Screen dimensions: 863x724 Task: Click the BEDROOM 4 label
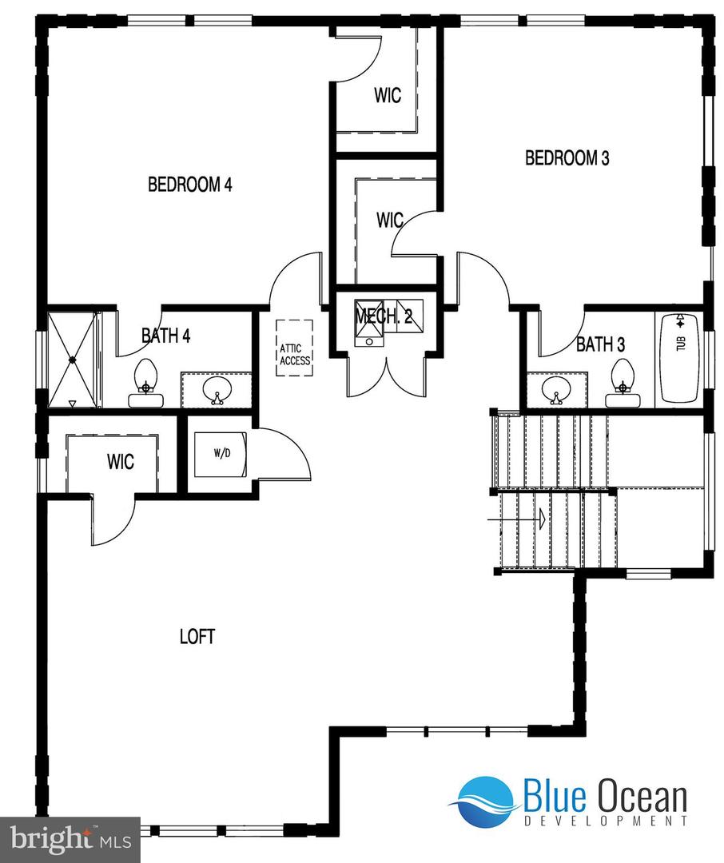click(x=190, y=185)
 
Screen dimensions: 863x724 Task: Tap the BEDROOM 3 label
click(x=567, y=158)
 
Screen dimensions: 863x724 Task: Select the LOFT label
click(x=197, y=637)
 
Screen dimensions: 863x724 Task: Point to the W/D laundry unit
click(x=222, y=454)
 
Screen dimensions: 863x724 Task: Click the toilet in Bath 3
click(x=622, y=378)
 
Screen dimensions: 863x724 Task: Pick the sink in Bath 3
click(x=552, y=389)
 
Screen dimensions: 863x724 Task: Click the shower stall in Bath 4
click(x=72, y=360)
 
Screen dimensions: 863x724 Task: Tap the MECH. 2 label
click(x=384, y=316)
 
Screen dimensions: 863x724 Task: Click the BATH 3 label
click(x=600, y=345)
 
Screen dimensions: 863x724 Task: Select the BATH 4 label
click(x=165, y=336)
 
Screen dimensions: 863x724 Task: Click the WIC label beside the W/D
click(x=120, y=462)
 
